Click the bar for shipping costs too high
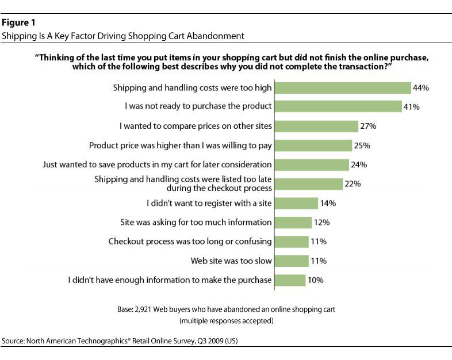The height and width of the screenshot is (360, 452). (x=343, y=88)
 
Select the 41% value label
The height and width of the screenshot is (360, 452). (x=412, y=106)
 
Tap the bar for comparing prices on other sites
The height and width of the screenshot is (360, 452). (x=317, y=126)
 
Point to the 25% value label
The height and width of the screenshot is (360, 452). (x=363, y=145)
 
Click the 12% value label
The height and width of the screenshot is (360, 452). (x=322, y=223)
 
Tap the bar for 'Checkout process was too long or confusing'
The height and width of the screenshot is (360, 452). (x=292, y=242)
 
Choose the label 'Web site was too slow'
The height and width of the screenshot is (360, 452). (x=231, y=261)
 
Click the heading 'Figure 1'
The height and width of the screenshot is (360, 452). (x=17, y=24)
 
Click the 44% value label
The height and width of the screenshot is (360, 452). (x=422, y=88)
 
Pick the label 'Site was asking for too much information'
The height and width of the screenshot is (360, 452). (x=196, y=223)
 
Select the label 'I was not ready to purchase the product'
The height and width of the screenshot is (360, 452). (x=198, y=106)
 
